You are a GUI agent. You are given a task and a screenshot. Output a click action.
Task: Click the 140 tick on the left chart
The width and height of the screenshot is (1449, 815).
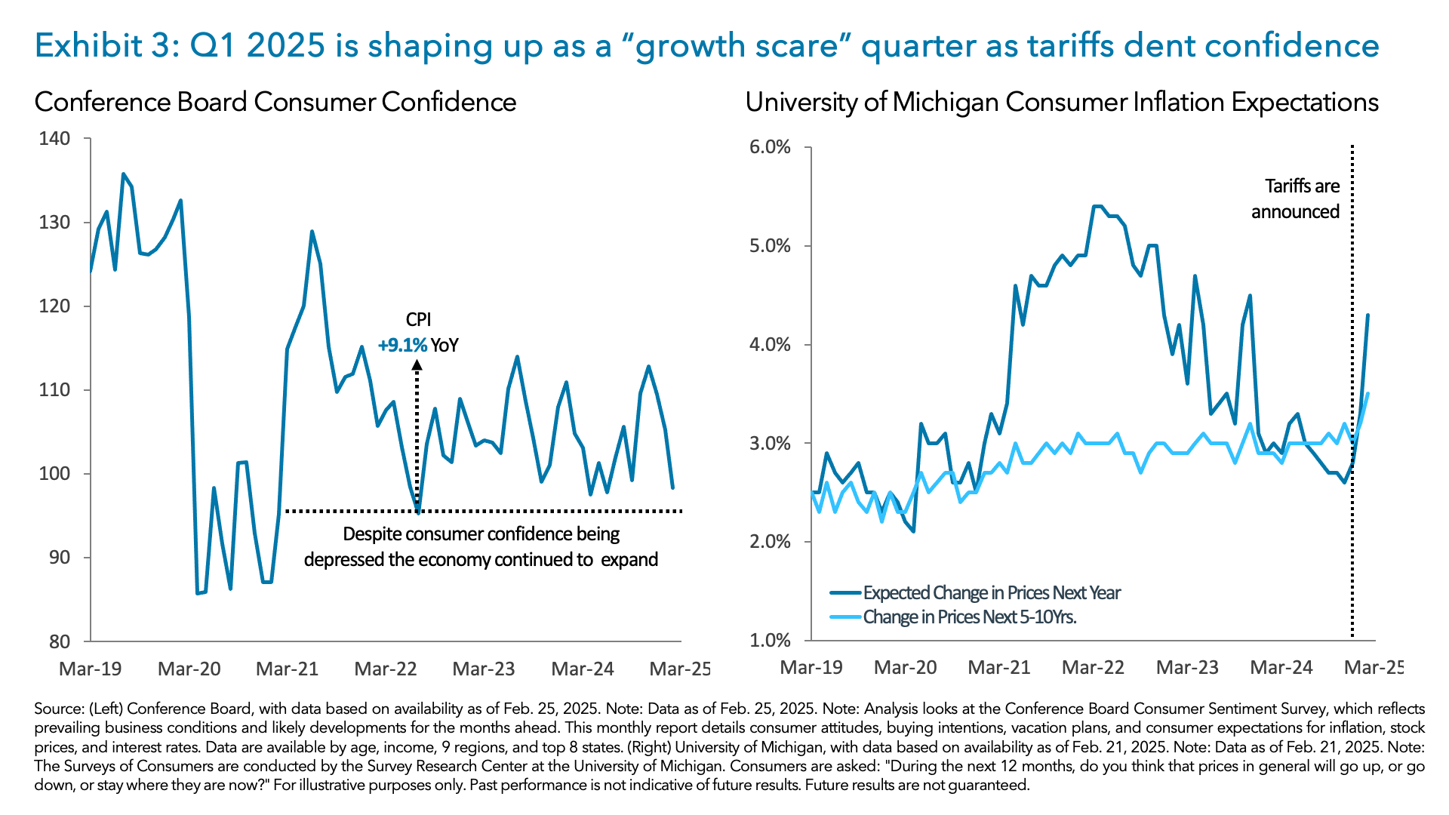click(54, 139)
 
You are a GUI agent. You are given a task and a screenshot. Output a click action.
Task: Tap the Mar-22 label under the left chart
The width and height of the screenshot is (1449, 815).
click(385, 669)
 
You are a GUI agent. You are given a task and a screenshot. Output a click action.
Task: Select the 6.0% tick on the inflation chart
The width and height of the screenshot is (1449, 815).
click(770, 147)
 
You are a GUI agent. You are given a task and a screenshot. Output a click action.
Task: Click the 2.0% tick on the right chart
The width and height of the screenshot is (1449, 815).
click(770, 542)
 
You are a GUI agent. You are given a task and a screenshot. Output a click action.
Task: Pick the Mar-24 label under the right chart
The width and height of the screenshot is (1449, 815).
click(1281, 667)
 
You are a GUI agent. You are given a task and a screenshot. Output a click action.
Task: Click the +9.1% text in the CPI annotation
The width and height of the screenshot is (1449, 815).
click(402, 346)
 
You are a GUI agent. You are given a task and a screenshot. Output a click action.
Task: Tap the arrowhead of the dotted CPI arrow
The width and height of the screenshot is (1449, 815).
click(417, 365)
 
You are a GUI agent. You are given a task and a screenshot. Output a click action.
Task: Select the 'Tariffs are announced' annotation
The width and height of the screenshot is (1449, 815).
click(1295, 198)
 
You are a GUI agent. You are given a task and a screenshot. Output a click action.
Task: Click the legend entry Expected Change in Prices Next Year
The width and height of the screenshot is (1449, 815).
click(991, 593)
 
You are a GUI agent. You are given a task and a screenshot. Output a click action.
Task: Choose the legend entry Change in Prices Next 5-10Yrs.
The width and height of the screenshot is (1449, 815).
click(969, 617)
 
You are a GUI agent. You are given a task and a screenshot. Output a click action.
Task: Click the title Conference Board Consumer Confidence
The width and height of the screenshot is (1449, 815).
click(275, 102)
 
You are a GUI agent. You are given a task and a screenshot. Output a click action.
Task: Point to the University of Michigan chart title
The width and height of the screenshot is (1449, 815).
click(1061, 102)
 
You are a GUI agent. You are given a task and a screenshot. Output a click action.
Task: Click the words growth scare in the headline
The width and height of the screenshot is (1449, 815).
click(737, 46)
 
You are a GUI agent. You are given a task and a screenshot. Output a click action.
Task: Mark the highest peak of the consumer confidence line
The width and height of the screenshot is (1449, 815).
click(124, 174)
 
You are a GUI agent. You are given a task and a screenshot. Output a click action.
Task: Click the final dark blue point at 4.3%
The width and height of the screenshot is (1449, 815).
click(1367, 315)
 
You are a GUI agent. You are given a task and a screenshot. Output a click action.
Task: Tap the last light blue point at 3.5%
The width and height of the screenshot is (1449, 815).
click(1367, 393)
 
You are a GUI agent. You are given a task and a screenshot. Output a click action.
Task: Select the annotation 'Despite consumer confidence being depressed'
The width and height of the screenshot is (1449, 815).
click(481, 546)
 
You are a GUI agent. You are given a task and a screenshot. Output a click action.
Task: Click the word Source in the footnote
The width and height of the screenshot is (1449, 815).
click(59, 709)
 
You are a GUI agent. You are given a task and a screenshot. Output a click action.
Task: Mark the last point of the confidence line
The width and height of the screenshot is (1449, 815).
click(672, 487)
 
